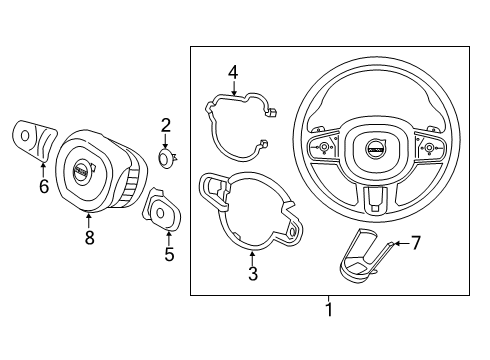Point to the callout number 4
[232, 71]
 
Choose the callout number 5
[168, 254]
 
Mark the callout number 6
[42, 186]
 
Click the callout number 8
[88, 238]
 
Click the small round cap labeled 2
[167, 155]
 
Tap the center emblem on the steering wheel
[373, 148]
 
